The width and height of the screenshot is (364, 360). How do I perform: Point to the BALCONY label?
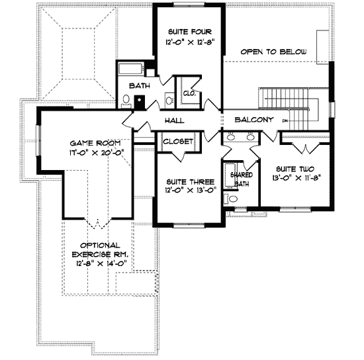[254, 120]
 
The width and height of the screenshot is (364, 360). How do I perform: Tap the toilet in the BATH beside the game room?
[125, 100]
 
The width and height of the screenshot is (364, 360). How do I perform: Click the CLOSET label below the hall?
[177, 142]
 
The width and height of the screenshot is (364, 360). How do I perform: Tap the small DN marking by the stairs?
[284, 121]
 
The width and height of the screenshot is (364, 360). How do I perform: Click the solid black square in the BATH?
[140, 101]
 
